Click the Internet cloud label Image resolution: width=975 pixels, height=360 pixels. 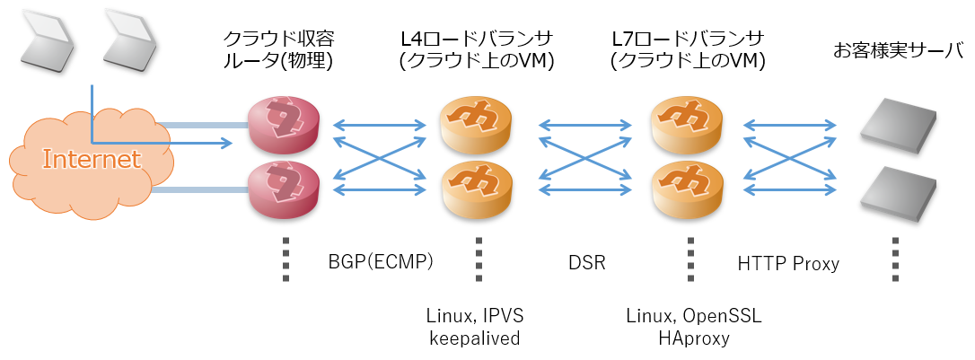tap(92, 160)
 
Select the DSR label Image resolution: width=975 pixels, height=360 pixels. tap(586, 263)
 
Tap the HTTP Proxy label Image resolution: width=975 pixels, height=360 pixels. tap(788, 264)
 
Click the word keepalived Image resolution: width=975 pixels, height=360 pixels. tap(474, 338)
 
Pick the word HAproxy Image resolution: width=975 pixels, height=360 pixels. tap(693, 338)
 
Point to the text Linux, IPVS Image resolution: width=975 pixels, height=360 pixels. tap(474, 316)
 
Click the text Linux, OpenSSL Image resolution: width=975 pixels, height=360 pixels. tap(693, 316)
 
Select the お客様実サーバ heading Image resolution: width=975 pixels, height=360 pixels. tap(898, 50)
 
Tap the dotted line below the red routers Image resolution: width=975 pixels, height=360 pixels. tap(285, 259)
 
